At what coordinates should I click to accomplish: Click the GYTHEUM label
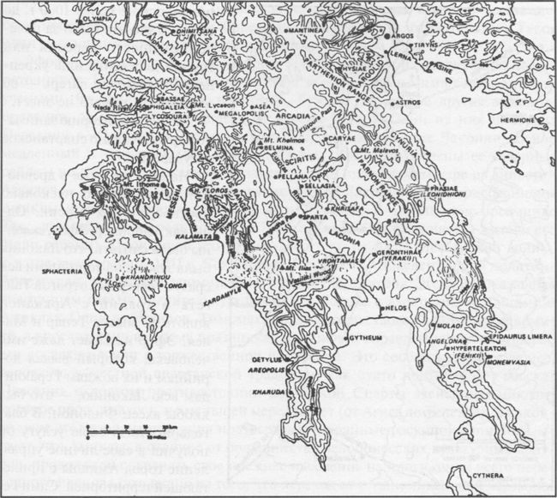[370, 339]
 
